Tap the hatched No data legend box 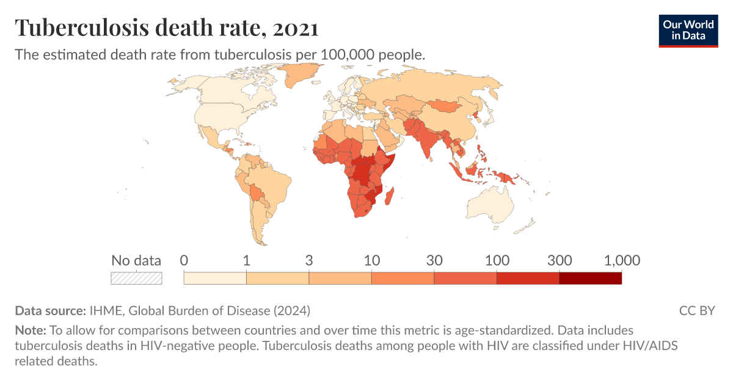pyautogui.click(x=136, y=278)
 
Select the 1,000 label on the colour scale pyautogui.click(x=622, y=261)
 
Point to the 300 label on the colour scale pyautogui.click(x=559, y=261)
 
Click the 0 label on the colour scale pyautogui.click(x=184, y=261)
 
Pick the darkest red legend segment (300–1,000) pyautogui.click(x=590, y=278)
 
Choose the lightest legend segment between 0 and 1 pyautogui.click(x=215, y=278)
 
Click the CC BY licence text pyautogui.click(x=696, y=310)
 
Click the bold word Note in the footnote pyautogui.click(x=30, y=330)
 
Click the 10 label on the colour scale pyautogui.click(x=371, y=261)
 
